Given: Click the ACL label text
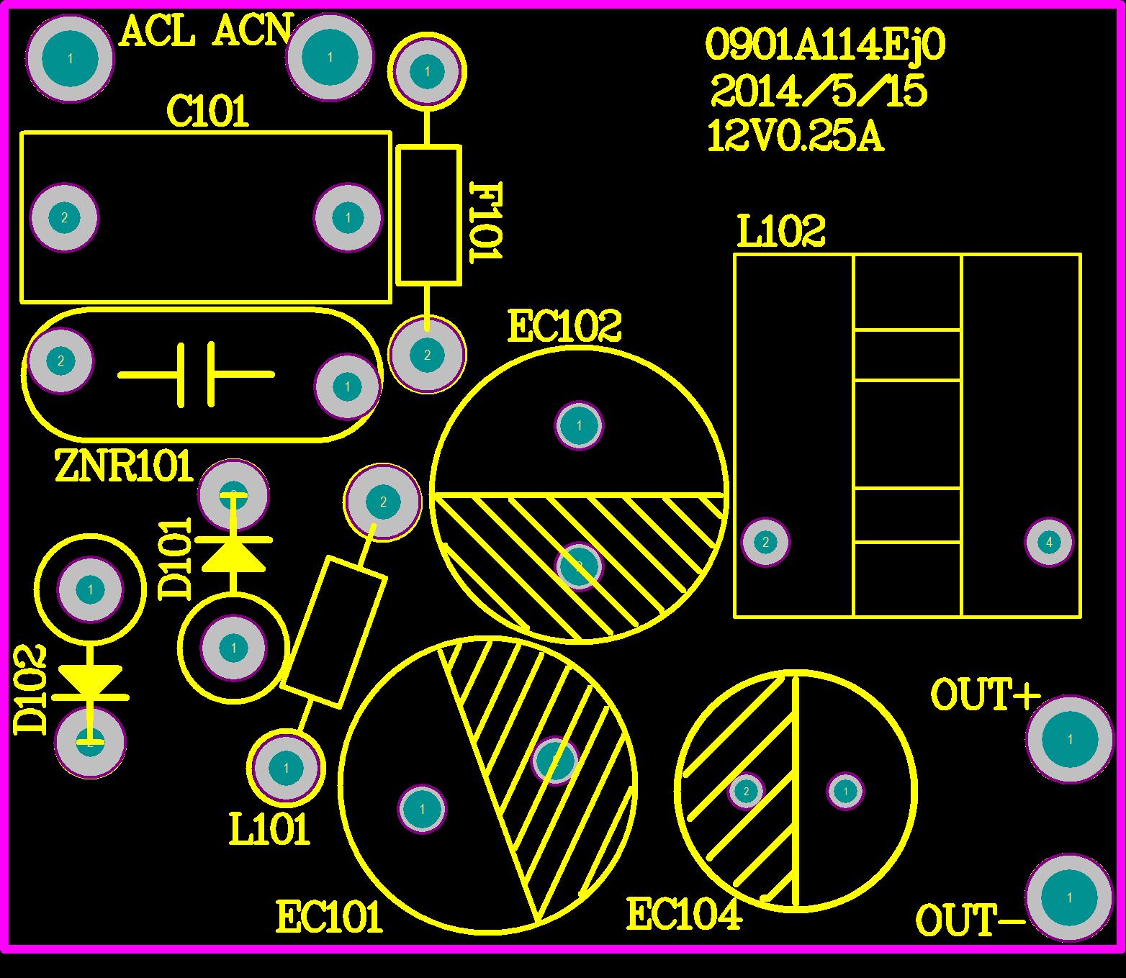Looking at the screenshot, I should [157, 32].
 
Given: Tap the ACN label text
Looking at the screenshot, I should [251, 32].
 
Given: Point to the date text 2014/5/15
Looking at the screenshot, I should [819, 92].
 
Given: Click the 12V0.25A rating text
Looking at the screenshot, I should [796, 137].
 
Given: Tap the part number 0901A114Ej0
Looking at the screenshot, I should [825, 45].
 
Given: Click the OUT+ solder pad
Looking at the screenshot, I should [1070, 739].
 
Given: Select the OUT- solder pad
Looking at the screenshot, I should [1069, 897].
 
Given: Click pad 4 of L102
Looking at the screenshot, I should [1049, 542].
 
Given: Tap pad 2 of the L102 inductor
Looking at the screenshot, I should [765, 542].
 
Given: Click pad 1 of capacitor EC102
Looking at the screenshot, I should [579, 426].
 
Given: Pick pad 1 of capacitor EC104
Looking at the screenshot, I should [845, 791].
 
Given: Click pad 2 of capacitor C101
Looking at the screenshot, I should [64, 217].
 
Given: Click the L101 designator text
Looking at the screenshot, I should [269, 830].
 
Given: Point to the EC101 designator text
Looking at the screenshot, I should [329, 918].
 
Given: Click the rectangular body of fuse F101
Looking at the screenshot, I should [428, 214].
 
